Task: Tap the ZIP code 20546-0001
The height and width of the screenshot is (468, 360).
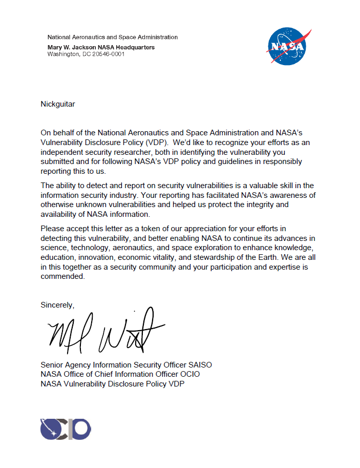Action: point(107,54)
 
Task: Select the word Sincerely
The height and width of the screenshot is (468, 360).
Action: point(57,305)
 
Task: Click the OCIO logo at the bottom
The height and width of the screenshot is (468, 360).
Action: point(66,429)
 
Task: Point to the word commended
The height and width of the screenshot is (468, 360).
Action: point(62,276)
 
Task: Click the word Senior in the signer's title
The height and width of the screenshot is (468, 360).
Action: point(52,365)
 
